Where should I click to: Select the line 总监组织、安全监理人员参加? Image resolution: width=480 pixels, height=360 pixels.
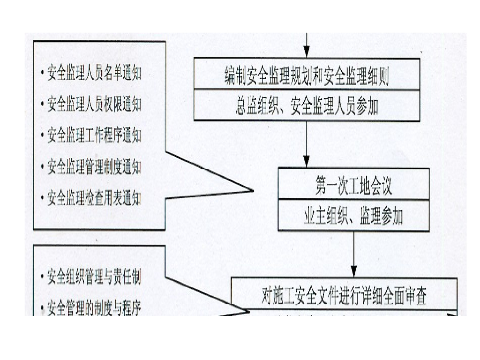(x=307, y=107)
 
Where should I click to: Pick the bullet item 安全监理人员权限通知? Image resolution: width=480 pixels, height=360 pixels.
(x=94, y=104)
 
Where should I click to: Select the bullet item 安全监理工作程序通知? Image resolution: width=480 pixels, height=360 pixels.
(x=94, y=136)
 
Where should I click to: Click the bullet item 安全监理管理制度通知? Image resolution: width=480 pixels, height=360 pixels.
(x=94, y=167)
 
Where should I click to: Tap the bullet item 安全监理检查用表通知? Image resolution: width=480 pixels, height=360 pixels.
(x=94, y=199)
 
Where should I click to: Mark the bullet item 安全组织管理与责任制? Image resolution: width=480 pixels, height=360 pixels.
(x=94, y=277)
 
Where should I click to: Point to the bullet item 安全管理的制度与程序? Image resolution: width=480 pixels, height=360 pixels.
(x=94, y=308)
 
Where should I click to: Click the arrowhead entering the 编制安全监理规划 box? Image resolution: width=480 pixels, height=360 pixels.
(x=307, y=52)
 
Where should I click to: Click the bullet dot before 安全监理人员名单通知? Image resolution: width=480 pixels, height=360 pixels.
(x=42, y=74)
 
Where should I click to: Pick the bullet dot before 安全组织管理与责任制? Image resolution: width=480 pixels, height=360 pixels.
(x=42, y=278)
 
